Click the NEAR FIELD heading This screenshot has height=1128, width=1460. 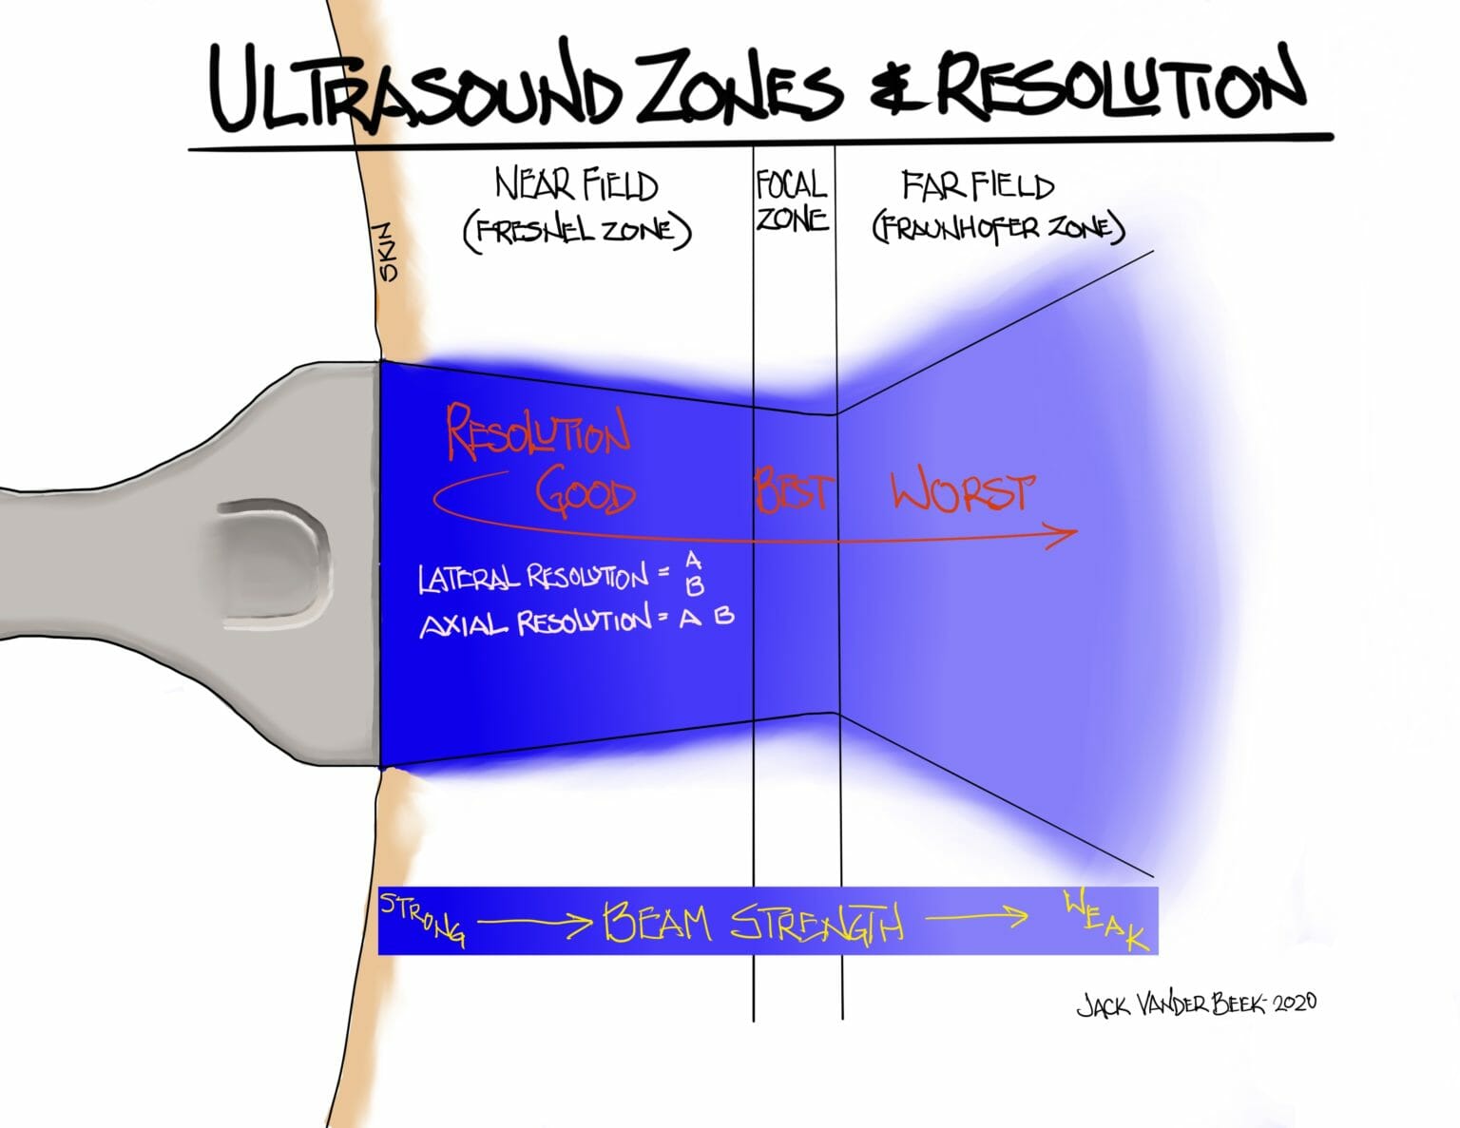tap(576, 184)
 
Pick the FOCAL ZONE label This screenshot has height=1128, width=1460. tap(792, 201)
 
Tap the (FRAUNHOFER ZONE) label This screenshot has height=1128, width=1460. tap(998, 228)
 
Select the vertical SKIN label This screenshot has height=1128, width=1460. tap(387, 252)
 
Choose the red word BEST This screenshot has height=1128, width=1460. tap(794, 491)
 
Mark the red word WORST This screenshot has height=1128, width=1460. tap(962, 491)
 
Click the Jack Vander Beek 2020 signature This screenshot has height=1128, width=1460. tap(1196, 1004)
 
